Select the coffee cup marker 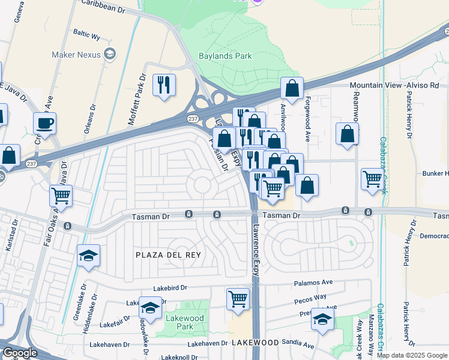click(x=44, y=124)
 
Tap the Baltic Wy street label click(x=86, y=35)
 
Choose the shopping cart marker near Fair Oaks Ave click(x=61, y=195)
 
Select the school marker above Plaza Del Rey click(x=88, y=256)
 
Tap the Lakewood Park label click(x=185, y=322)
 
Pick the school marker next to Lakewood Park click(x=150, y=308)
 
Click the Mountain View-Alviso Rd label click(x=394, y=86)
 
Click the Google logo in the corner click(x=19, y=353)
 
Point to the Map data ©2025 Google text click(x=412, y=355)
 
